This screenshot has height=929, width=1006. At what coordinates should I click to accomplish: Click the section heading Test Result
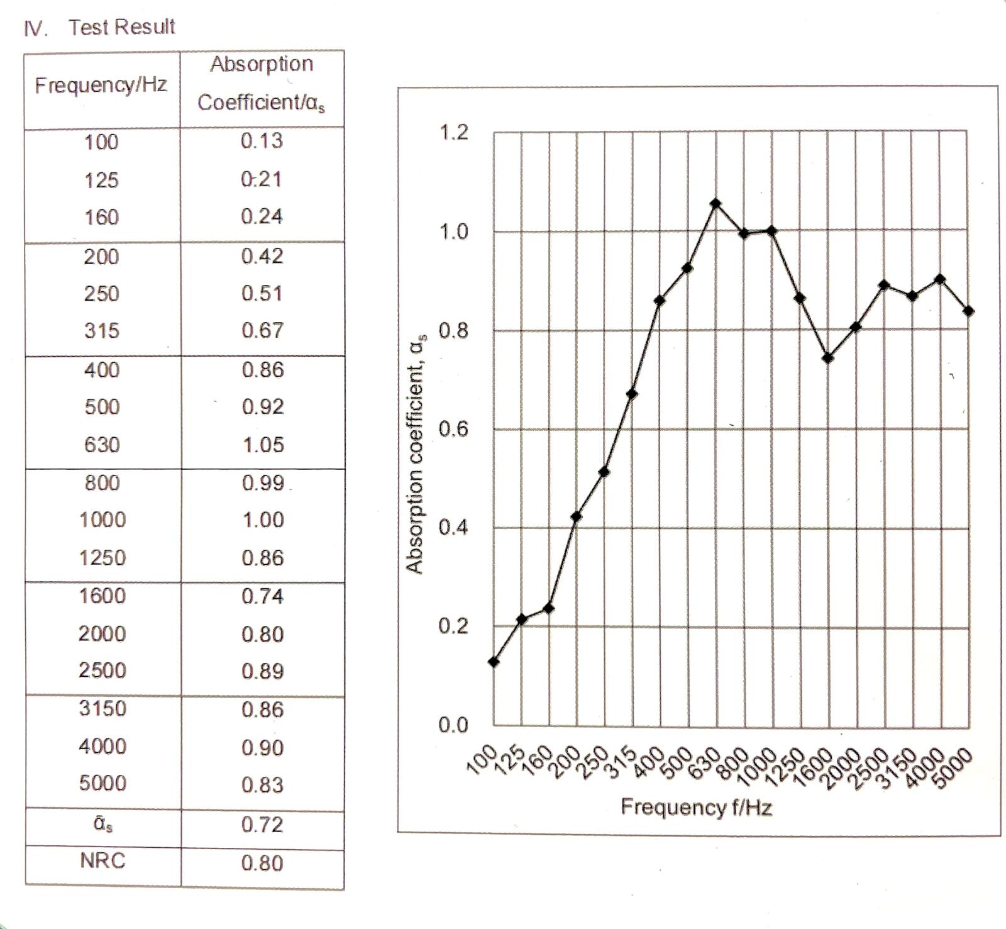pyautogui.click(x=122, y=27)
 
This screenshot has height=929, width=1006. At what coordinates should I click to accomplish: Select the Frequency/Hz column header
pyautogui.click(x=101, y=85)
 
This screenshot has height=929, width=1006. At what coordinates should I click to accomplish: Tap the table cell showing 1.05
pyautogui.click(x=263, y=445)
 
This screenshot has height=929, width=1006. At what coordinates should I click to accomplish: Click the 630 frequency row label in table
pyautogui.click(x=102, y=445)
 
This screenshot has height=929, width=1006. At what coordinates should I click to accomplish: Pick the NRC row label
pyautogui.click(x=102, y=860)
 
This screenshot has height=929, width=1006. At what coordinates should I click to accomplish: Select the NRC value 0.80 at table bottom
pyautogui.click(x=262, y=862)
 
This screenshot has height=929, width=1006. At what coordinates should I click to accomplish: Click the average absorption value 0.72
pyautogui.click(x=262, y=825)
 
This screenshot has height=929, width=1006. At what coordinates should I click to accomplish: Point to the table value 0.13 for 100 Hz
pyautogui.click(x=262, y=141)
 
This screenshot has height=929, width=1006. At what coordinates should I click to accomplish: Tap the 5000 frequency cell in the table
pyautogui.click(x=102, y=783)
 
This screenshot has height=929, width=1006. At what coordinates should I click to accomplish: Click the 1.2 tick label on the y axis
pyautogui.click(x=453, y=132)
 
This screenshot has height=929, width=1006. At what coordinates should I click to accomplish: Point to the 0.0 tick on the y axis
pyautogui.click(x=453, y=725)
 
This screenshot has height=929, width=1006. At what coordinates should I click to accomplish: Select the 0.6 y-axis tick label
pyautogui.click(x=453, y=429)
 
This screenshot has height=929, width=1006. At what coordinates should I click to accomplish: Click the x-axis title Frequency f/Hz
pyautogui.click(x=696, y=807)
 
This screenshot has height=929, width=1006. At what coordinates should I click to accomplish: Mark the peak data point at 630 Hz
pyautogui.click(x=716, y=204)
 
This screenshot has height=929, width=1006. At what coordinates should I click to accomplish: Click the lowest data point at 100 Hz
pyautogui.click(x=494, y=662)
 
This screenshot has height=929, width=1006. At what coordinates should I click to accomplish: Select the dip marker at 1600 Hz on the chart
pyautogui.click(x=828, y=358)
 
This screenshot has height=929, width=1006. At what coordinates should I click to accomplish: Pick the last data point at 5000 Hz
pyautogui.click(x=968, y=311)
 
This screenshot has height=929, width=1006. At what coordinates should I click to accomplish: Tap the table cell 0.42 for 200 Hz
pyautogui.click(x=262, y=256)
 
